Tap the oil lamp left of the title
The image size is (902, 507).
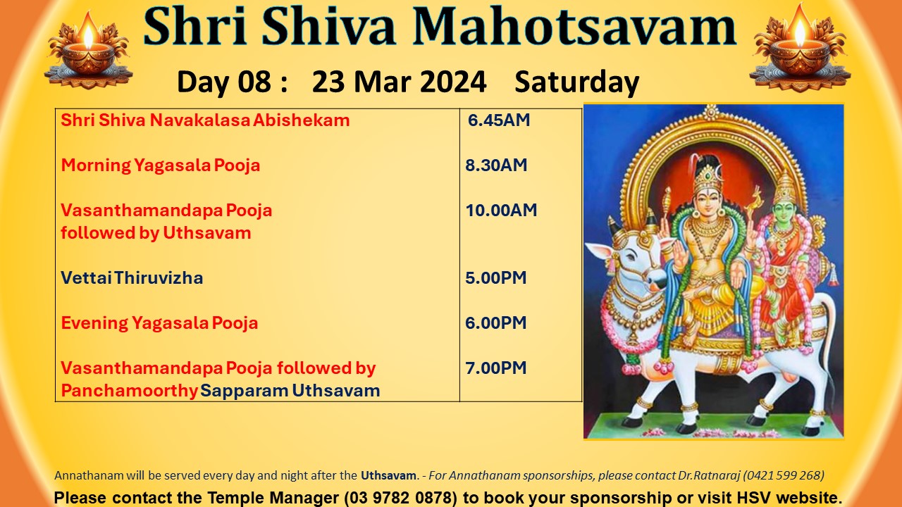(89, 50)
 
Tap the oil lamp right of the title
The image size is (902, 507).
(800, 49)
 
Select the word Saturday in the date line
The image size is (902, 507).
(576, 82)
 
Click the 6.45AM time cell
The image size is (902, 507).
(498, 120)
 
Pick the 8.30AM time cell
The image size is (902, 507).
(496, 165)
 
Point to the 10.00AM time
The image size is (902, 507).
(501, 211)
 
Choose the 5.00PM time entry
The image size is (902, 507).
(495, 278)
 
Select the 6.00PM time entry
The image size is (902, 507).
(495, 323)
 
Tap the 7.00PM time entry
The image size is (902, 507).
(495, 368)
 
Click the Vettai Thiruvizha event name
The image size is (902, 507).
(132, 278)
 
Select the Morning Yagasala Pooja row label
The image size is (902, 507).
(160, 165)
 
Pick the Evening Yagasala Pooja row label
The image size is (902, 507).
(159, 323)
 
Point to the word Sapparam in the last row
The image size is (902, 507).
(244, 391)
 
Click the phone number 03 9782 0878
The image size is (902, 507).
(400, 498)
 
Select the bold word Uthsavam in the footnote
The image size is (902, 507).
(388, 475)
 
